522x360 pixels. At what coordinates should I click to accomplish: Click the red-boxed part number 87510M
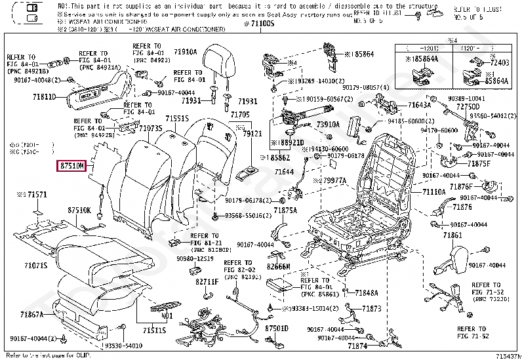point(71,167)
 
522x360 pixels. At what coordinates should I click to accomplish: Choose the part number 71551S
point(177,119)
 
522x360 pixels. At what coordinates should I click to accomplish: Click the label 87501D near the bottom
point(276,326)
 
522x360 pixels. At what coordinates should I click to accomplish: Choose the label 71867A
point(31,314)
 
